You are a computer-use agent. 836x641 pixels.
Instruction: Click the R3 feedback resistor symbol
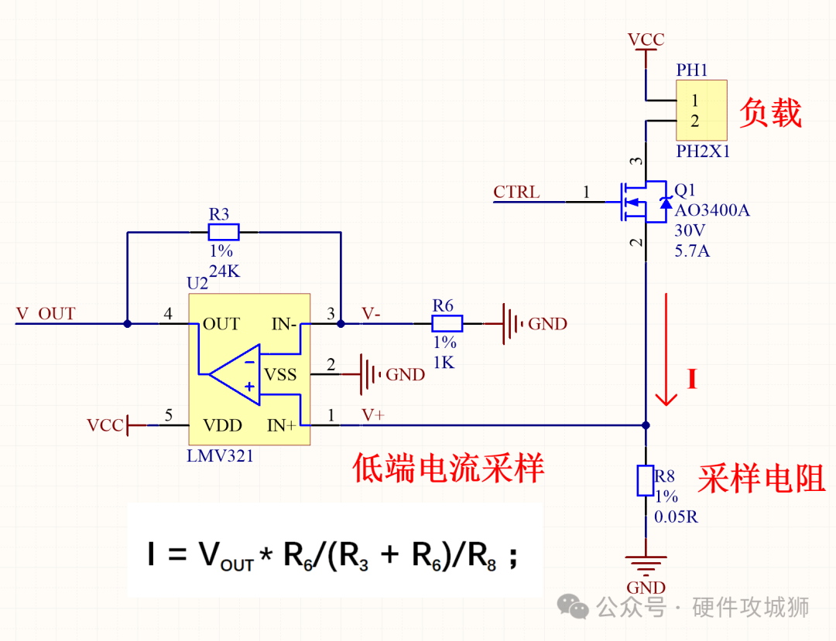(x=224, y=232)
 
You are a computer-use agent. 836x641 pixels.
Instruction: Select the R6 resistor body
(x=447, y=323)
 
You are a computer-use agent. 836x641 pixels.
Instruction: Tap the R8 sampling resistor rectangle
(x=646, y=480)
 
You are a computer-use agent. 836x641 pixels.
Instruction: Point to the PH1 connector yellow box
(x=701, y=111)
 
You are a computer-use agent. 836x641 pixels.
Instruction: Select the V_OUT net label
(x=46, y=314)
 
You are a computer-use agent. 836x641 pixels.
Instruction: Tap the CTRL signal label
(x=517, y=193)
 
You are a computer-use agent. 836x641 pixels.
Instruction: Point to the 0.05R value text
(x=676, y=517)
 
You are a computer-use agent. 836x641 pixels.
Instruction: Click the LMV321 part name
(x=220, y=456)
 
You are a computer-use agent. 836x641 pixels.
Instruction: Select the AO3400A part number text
(x=712, y=210)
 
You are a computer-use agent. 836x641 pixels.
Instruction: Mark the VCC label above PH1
(x=646, y=40)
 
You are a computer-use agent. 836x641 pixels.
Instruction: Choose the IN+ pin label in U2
(x=281, y=425)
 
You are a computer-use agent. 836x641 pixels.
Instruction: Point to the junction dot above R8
(x=646, y=424)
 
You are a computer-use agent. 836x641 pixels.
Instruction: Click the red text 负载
(x=769, y=113)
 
